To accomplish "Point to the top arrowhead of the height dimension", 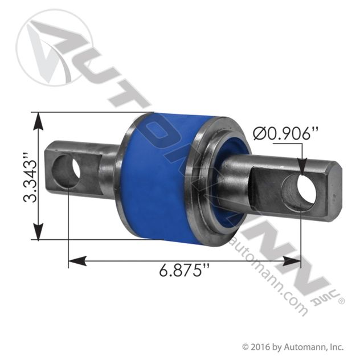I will coord(38,119).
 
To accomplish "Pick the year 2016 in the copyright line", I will coord(262,346).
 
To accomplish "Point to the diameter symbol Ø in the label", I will coord(257,134).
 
